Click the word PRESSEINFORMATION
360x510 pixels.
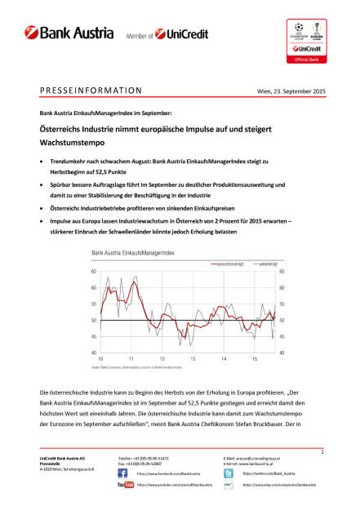point(91,91)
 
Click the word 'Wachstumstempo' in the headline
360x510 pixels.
point(72,140)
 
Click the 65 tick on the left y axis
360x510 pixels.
point(94,271)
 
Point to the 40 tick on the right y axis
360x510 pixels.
point(282,353)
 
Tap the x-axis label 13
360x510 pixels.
point(192,359)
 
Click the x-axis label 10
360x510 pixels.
point(100,359)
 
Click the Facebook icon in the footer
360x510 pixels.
point(123,472)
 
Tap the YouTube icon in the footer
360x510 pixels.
point(126,485)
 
